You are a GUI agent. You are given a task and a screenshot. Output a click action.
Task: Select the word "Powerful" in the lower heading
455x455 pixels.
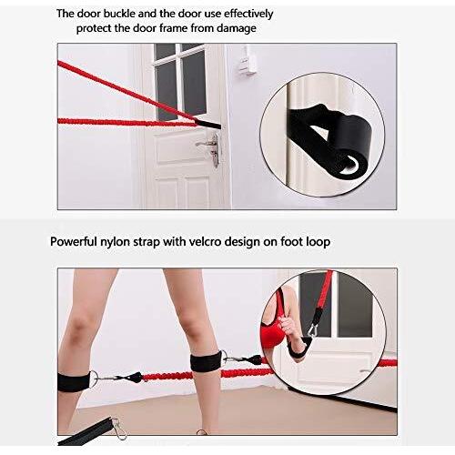point(73,242)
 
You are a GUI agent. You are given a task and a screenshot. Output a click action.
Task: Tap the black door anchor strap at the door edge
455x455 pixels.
point(209,124)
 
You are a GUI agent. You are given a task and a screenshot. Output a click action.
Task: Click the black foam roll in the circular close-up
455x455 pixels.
point(352,143)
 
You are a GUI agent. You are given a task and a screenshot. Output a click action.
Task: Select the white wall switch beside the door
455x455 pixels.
point(247,61)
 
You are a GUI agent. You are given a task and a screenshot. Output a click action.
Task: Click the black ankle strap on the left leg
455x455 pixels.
point(74,382)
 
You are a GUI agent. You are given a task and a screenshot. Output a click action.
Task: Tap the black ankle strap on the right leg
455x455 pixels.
point(207,361)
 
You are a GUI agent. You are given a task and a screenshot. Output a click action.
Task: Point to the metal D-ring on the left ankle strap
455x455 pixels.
point(94,379)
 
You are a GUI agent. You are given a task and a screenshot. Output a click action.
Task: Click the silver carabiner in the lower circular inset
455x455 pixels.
point(312,330)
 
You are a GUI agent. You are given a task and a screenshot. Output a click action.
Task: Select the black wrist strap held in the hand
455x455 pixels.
point(298,349)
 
